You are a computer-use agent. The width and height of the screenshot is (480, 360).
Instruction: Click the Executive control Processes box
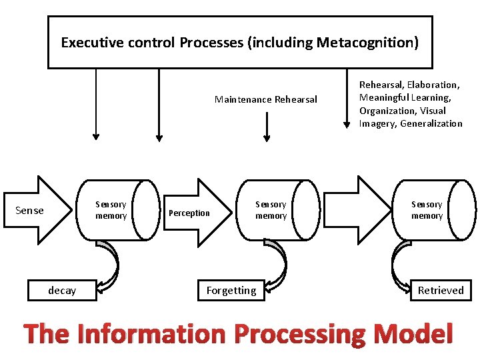[x=240, y=43]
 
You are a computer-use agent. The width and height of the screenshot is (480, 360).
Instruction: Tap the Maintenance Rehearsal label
[x=266, y=100]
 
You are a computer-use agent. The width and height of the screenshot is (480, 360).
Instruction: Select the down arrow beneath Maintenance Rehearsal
[x=267, y=127]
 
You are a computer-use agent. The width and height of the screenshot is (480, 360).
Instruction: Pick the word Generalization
[x=431, y=123]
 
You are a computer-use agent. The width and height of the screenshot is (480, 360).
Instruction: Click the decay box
[x=62, y=291]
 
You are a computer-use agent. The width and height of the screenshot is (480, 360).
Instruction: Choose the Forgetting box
[x=231, y=291]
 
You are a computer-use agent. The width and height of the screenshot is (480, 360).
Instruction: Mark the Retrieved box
[x=440, y=291]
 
